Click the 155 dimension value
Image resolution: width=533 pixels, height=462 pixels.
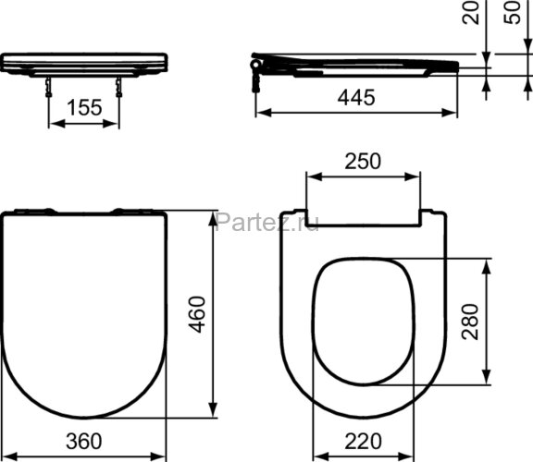coord(84,107)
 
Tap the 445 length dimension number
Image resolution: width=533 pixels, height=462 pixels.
coord(356,98)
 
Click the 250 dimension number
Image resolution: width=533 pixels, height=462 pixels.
coord(363,161)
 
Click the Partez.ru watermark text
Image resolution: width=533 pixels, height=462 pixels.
coord(254,222)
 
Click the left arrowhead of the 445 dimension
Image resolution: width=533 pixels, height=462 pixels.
coord(260,114)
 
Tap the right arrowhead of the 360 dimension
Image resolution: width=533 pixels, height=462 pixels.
coord(162,456)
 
